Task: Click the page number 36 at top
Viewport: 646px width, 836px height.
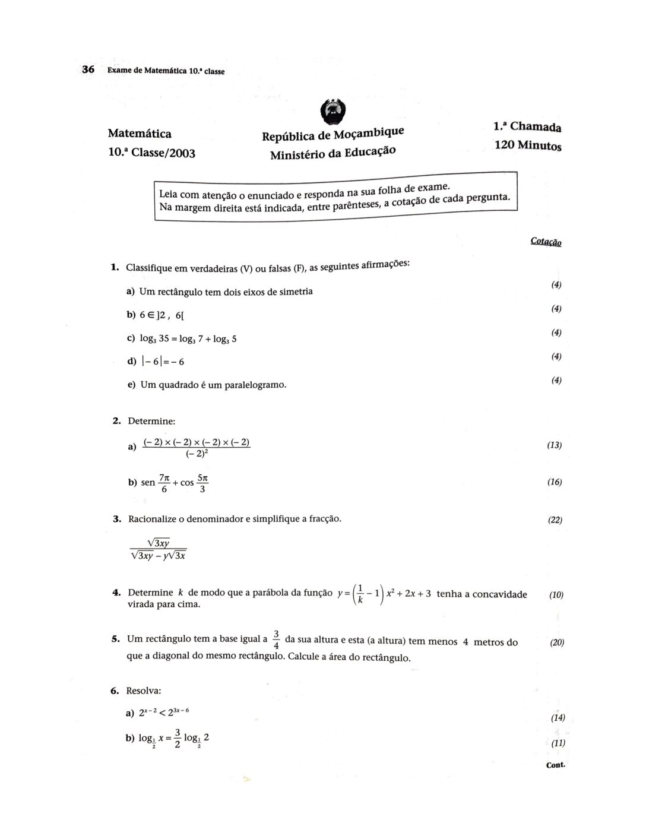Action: pos(88,69)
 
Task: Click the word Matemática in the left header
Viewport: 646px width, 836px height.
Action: pos(140,134)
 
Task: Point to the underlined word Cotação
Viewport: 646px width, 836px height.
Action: pos(546,242)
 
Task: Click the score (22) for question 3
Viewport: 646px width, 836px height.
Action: pos(555,520)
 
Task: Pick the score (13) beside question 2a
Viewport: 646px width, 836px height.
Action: pos(554,445)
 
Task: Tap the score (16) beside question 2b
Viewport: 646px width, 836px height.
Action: pos(554,482)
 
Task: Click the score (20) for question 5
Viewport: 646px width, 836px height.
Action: pos(556,642)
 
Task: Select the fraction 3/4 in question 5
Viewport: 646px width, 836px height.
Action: pos(276,639)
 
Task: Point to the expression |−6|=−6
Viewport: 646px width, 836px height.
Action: pos(163,362)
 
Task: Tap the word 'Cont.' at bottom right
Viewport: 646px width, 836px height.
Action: pos(555,765)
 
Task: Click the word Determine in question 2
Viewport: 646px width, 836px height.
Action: pos(152,421)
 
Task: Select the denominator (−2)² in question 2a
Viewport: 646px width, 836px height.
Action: pos(197,454)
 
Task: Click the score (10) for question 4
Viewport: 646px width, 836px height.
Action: pos(556,594)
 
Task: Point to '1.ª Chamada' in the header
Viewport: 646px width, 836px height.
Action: pos(527,126)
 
